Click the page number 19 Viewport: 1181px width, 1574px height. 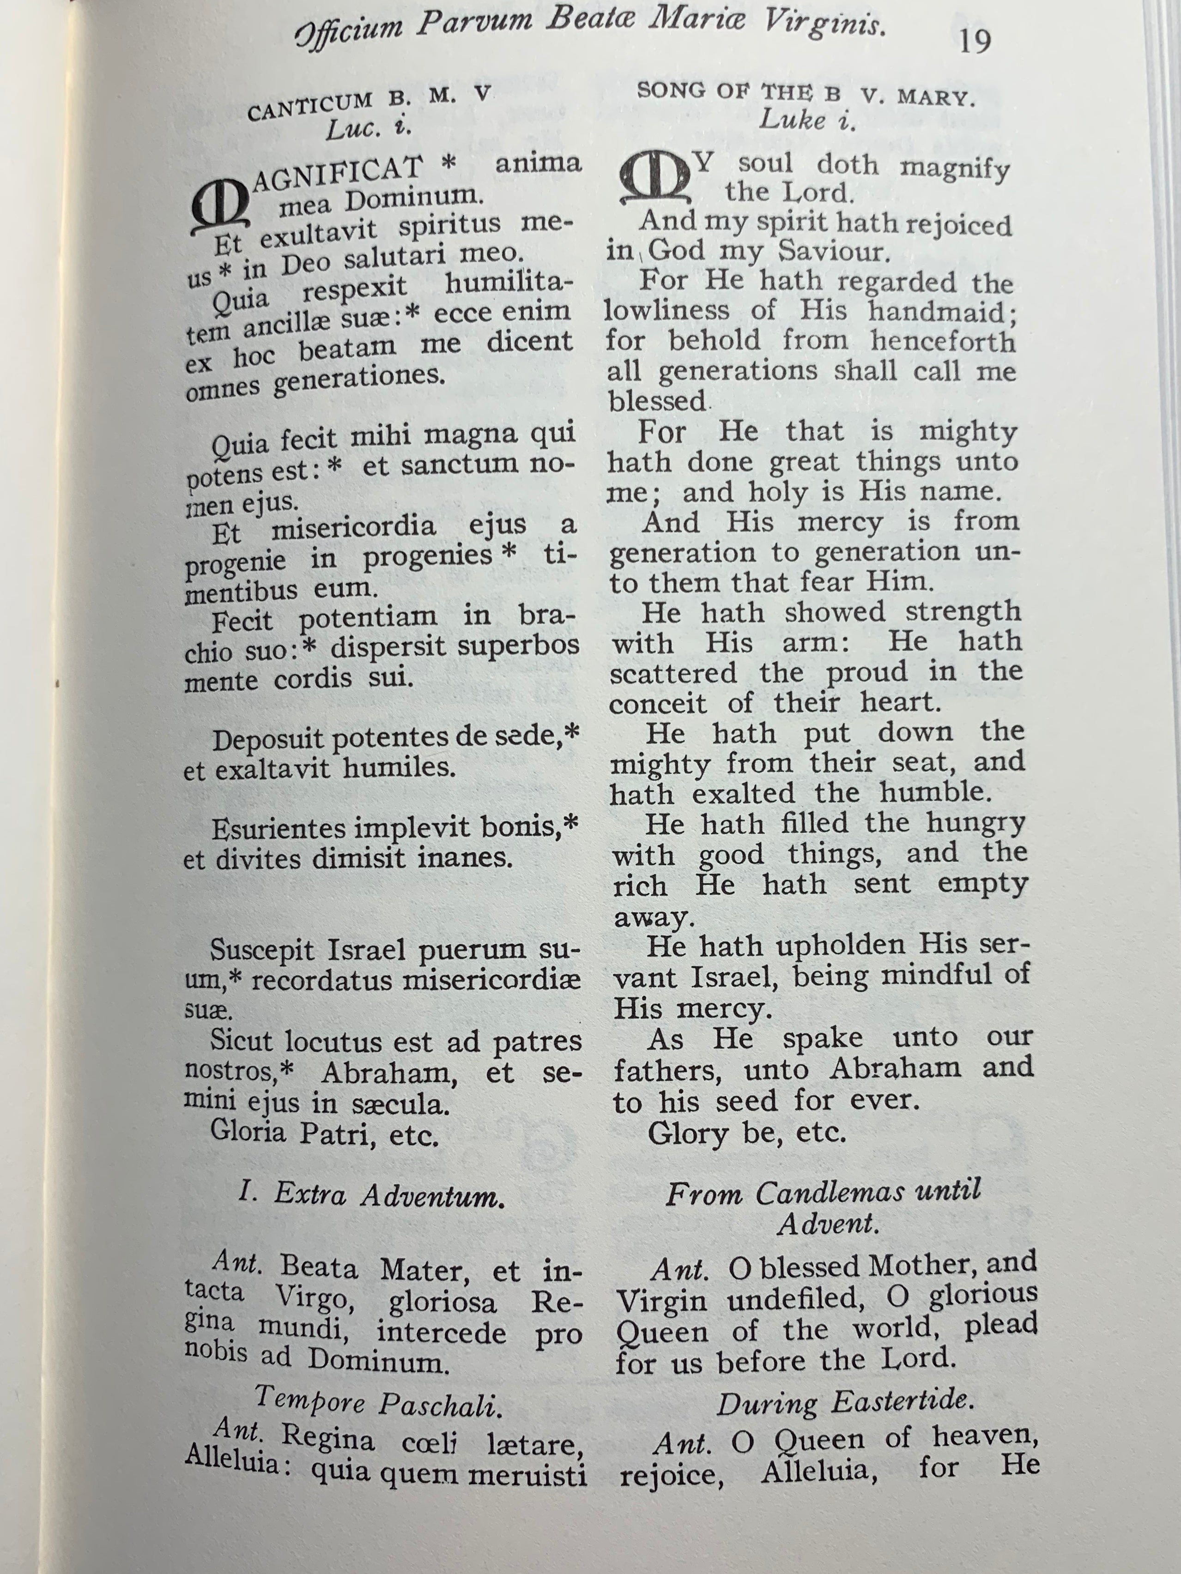pyautogui.click(x=974, y=41)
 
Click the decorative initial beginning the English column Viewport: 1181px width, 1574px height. pyautogui.click(x=654, y=178)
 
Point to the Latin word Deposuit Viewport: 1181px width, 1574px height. pyautogui.click(x=269, y=740)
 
